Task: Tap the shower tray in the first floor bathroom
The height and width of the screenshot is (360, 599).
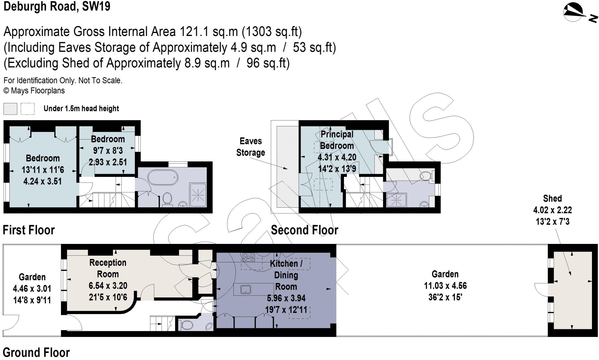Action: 198,194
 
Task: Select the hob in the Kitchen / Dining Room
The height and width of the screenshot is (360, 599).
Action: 249,257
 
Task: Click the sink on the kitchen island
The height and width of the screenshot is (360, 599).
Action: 245,290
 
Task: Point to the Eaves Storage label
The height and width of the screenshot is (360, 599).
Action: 251,147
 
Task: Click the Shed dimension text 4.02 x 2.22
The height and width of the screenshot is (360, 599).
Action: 552,210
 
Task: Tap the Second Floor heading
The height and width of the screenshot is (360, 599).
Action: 304,230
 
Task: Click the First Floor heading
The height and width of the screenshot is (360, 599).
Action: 29,230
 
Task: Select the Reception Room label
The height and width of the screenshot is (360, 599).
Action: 108,268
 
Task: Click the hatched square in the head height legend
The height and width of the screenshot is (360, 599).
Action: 10,109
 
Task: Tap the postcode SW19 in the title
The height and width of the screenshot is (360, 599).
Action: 96,6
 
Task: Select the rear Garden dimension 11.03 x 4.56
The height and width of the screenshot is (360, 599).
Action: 445,286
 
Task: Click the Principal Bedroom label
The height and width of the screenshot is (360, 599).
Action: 337,140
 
